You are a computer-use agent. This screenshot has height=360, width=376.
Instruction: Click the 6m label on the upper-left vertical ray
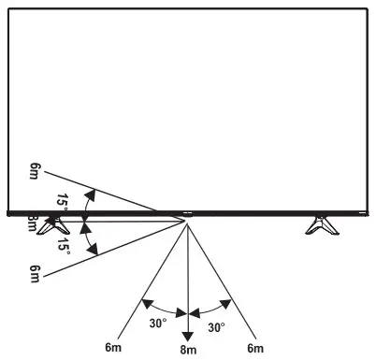pos(36,172)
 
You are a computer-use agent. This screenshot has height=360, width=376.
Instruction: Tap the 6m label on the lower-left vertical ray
pos(36,273)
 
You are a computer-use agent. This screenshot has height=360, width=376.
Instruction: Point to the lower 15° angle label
pos(62,245)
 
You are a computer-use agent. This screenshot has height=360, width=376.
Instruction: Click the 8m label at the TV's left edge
pos(33,223)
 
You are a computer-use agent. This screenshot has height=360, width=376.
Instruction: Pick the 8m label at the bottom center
pos(188,350)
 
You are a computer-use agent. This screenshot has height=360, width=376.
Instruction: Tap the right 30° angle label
pos(216,328)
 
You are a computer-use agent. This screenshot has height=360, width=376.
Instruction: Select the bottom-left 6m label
pos(113,348)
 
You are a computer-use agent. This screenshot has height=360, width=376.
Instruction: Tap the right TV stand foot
pos(323,225)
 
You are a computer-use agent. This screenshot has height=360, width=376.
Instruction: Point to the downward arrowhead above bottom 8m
pos(188,335)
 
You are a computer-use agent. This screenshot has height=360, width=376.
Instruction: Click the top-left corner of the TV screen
pos(8,7)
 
